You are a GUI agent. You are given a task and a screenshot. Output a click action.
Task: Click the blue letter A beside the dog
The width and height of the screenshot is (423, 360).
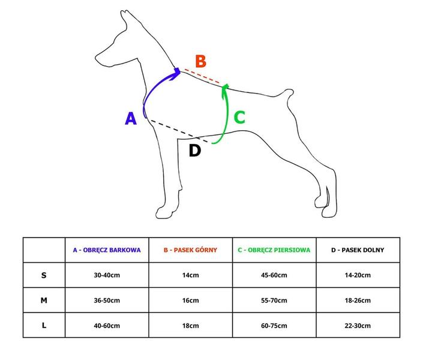(x=131, y=118)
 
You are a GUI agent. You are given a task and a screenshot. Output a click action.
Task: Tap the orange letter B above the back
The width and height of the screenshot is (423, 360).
(x=201, y=61)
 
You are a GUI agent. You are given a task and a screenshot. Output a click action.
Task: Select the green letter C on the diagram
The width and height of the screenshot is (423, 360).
(x=239, y=117)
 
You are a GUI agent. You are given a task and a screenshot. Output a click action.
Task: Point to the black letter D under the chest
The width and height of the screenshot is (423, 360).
(x=195, y=151)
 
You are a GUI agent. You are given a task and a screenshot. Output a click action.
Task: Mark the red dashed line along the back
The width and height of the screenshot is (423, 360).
(x=202, y=76)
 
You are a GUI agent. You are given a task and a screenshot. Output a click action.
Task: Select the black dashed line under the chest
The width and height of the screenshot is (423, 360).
(x=179, y=131)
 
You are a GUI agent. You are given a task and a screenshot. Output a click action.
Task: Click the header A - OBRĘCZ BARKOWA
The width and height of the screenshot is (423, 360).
(x=107, y=250)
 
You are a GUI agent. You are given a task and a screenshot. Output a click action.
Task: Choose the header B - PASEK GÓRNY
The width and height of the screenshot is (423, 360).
(x=190, y=250)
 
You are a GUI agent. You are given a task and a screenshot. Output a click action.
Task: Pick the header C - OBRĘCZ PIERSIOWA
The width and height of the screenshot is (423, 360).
(x=274, y=250)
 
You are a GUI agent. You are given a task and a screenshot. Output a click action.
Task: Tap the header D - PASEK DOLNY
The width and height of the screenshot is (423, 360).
(x=358, y=250)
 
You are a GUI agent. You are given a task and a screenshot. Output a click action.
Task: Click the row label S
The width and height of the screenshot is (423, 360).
(x=44, y=275)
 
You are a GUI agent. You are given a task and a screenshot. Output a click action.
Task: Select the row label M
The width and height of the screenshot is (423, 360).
(x=44, y=301)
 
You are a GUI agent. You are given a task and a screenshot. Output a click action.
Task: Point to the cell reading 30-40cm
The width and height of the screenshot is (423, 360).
(x=107, y=275)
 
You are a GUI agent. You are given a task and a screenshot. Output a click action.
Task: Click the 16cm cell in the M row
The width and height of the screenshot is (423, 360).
(x=190, y=301)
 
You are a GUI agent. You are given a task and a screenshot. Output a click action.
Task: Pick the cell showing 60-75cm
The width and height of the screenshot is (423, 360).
(x=274, y=326)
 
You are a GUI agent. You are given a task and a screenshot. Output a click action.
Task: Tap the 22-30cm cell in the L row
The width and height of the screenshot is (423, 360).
(x=358, y=326)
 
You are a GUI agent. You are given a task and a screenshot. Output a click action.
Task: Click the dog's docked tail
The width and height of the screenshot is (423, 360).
(x=286, y=94)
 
